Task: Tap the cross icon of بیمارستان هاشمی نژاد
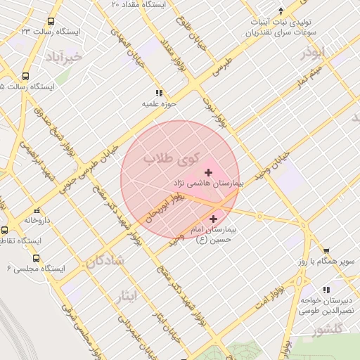tap(207, 172)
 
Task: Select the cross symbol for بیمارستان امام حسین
tap(213, 219)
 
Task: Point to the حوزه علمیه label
tap(159, 104)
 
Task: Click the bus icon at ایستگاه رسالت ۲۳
tap(51, 22)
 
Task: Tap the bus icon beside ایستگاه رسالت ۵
tap(26, 76)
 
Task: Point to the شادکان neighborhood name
tap(105, 262)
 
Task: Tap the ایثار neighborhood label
tap(127, 295)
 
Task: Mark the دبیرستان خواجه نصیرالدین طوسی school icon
tap(326, 289)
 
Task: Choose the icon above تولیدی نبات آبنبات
tap(281, 11)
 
